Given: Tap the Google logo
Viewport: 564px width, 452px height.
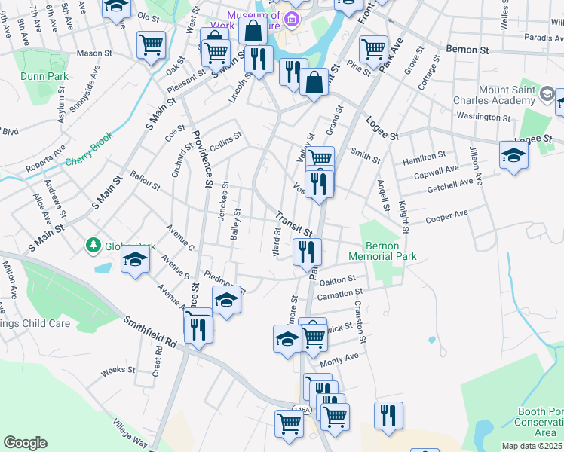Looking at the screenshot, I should point(25,443).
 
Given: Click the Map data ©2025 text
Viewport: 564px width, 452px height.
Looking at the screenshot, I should point(532,446).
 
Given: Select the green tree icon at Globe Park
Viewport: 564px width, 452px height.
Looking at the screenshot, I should point(93,245).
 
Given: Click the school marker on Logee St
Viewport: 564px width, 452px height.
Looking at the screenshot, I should point(513,155).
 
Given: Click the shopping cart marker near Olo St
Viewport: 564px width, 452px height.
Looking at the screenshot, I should point(152,44).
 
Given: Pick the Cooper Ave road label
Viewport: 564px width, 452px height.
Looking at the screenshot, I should point(446,215).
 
